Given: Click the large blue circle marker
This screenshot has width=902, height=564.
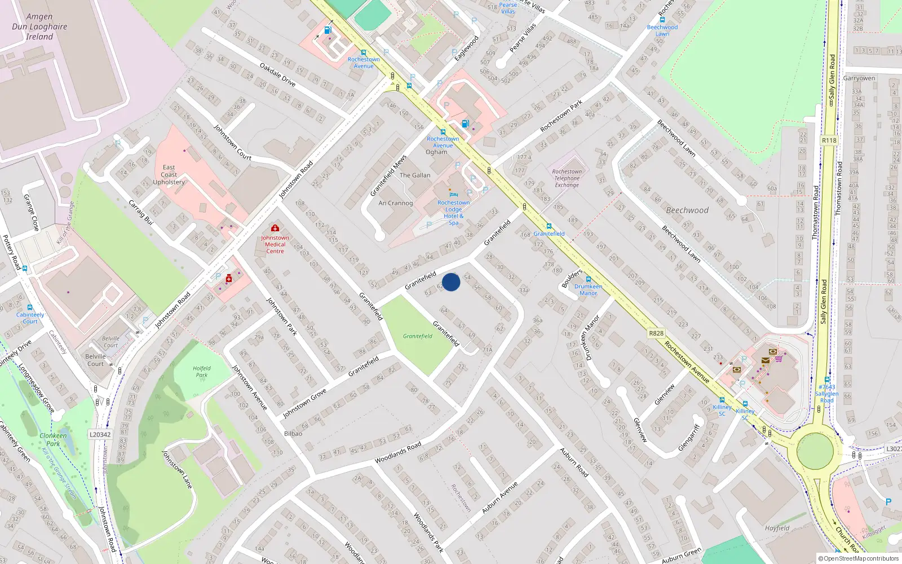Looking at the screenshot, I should pyautogui.click(x=451, y=282).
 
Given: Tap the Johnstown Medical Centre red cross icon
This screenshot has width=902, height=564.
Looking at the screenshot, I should pyautogui.click(x=275, y=228).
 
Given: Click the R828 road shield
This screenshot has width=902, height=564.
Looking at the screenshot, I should pyautogui.click(x=656, y=333).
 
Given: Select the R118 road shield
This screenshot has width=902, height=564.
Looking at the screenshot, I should pyautogui.click(x=829, y=140).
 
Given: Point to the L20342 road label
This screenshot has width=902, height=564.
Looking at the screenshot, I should pyautogui.click(x=100, y=434).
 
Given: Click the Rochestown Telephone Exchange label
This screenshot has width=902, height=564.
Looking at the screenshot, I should pyautogui.click(x=567, y=178).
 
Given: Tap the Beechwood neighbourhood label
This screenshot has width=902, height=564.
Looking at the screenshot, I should pyautogui.click(x=687, y=210).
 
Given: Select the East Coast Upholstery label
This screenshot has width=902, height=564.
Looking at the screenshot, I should pyautogui.click(x=169, y=175).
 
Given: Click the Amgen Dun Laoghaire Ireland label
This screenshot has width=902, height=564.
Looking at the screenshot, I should pyautogui.click(x=39, y=27).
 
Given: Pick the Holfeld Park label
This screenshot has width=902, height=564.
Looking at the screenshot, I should pyautogui.click(x=201, y=372).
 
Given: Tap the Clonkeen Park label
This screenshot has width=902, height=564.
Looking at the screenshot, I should pyautogui.click(x=53, y=439).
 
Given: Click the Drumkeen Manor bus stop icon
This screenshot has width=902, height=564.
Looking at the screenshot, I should pyautogui.click(x=588, y=279).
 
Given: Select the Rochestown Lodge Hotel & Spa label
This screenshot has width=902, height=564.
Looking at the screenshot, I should pyautogui.click(x=453, y=213).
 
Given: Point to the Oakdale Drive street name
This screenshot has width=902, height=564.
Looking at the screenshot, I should pyautogui.click(x=277, y=74).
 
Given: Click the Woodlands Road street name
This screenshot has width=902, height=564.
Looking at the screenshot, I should pyautogui.click(x=398, y=453).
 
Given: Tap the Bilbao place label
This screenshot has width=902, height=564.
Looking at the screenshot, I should pyautogui.click(x=293, y=434).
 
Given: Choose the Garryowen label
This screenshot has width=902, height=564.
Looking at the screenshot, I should pyautogui.click(x=859, y=78).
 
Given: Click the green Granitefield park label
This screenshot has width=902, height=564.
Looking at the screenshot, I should pyautogui.click(x=418, y=336).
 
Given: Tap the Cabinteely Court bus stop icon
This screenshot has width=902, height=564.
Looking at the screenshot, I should pyautogui.click(x=30, y=308).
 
